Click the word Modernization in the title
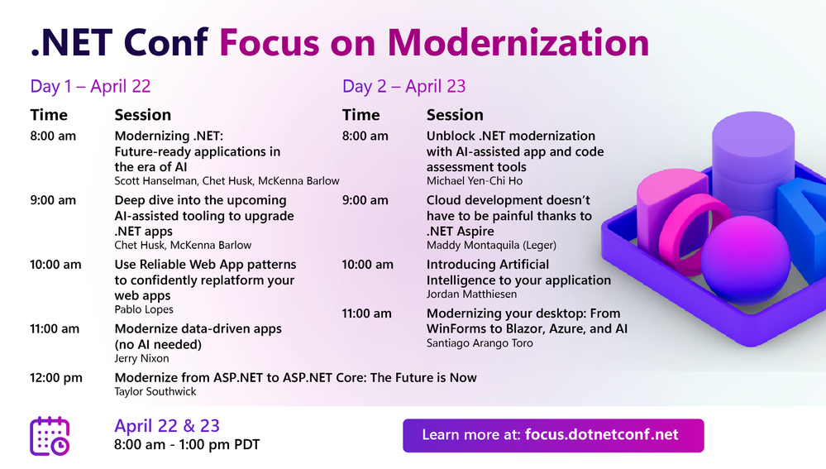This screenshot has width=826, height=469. (518, 42)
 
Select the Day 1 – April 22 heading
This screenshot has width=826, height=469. (91, 86)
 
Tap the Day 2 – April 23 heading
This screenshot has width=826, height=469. (404, 86)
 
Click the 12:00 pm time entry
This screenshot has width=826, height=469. (56, 378)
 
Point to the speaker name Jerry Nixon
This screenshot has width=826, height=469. (141, 358)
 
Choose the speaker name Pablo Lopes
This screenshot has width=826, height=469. (144, 309)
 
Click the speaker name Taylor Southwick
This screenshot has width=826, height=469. (155, 391)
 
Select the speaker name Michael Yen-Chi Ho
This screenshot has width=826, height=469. (475, 181)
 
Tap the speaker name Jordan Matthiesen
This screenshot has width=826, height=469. (471, 294)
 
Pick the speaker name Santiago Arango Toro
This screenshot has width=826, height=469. (480, 343)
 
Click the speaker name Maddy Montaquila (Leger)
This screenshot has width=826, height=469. (491, 245)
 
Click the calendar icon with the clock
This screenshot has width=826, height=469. (50, 436)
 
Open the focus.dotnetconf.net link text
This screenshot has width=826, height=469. (602, 435)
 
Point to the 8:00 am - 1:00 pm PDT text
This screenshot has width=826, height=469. (187, 445)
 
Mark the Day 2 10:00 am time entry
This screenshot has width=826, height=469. (368, 265)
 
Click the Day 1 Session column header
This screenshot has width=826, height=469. (143, 115)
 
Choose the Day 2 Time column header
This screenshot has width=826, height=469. (360, 115)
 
